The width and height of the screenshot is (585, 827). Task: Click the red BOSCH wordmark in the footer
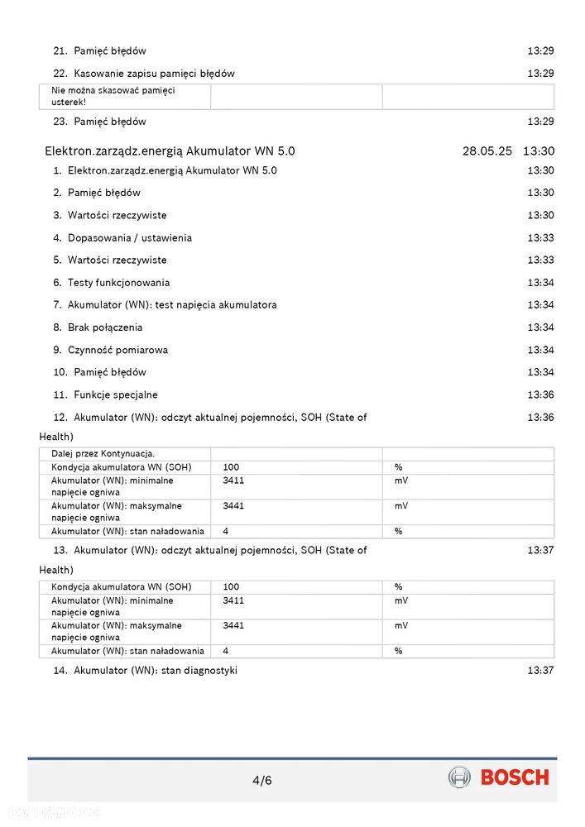514,777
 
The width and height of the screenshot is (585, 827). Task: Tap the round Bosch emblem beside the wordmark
459,777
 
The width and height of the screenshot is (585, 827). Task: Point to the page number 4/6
262,780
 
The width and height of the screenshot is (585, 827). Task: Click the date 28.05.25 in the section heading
487,151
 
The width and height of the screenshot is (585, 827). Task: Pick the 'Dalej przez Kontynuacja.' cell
103,453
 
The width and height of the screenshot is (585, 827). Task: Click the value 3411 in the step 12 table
233,480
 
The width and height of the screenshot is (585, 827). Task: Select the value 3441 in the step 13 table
233,626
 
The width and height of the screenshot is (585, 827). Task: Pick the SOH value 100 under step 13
231,587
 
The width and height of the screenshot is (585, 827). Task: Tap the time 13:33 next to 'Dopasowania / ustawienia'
540,238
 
